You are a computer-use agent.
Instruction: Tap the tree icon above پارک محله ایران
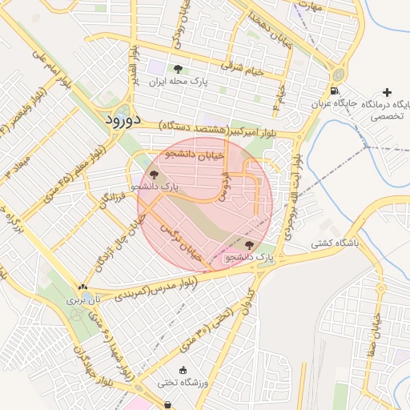click(177, 69)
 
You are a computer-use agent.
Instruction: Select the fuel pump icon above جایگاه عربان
click(334, 89)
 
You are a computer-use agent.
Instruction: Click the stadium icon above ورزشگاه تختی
click(183, 369)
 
